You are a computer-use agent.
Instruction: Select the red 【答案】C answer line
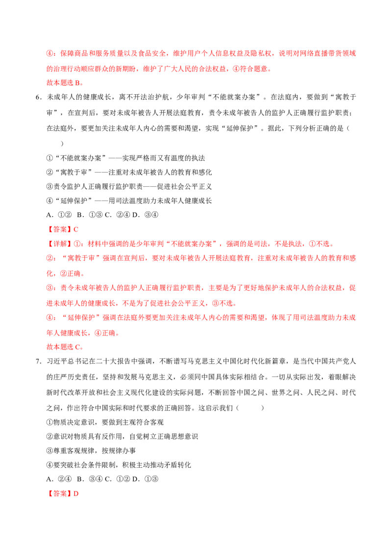point(63,229)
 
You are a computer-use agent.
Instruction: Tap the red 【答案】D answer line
point(63,493)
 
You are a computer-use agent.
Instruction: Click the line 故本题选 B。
point(65,83)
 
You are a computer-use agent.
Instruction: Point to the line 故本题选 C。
point(65,347)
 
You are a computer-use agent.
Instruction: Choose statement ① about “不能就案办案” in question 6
point(125,158)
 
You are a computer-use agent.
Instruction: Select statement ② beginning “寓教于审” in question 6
point(129,173)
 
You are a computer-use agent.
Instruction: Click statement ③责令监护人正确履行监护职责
point(129,186)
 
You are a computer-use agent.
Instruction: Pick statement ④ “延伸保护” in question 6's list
point(129,201)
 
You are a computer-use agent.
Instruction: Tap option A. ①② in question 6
point(59,215)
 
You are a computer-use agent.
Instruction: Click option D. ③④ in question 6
point(145,215)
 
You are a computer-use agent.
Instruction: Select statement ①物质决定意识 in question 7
point(105,422)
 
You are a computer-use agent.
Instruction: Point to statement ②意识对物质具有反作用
point(122,436)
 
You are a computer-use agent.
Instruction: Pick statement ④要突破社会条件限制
point(119,465)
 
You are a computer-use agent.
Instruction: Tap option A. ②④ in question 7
point(59,479)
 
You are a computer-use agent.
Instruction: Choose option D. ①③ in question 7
point(145,479)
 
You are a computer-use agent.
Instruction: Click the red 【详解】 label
point(58,244)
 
